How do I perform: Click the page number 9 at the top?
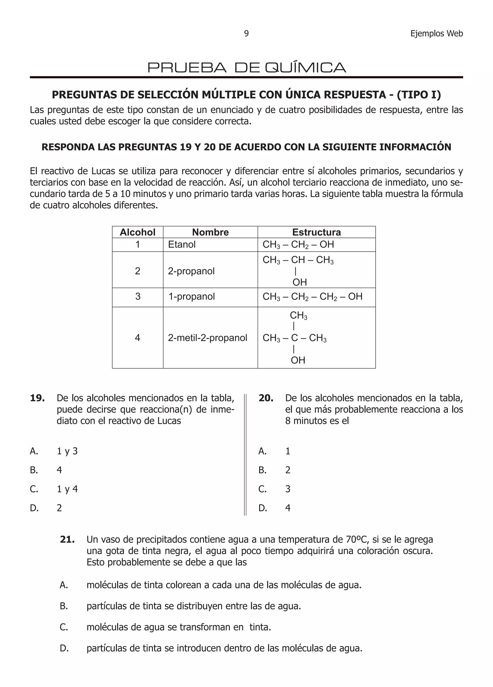(246, 33)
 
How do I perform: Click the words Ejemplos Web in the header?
(436, 33)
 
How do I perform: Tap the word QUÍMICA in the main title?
(305, 68)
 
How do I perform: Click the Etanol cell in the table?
(182, 244)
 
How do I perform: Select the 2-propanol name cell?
(191, 271)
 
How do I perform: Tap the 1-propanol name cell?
(192, 296)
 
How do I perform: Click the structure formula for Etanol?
(298, 244)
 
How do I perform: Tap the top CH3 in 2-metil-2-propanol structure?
(298, 315)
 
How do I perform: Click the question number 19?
(37, 398)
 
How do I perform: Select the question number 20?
(266, 398)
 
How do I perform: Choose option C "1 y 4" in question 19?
(67, 489)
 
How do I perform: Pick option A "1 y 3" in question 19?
(67, 451)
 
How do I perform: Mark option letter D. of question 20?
(263, 508)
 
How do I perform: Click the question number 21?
(67, 539)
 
